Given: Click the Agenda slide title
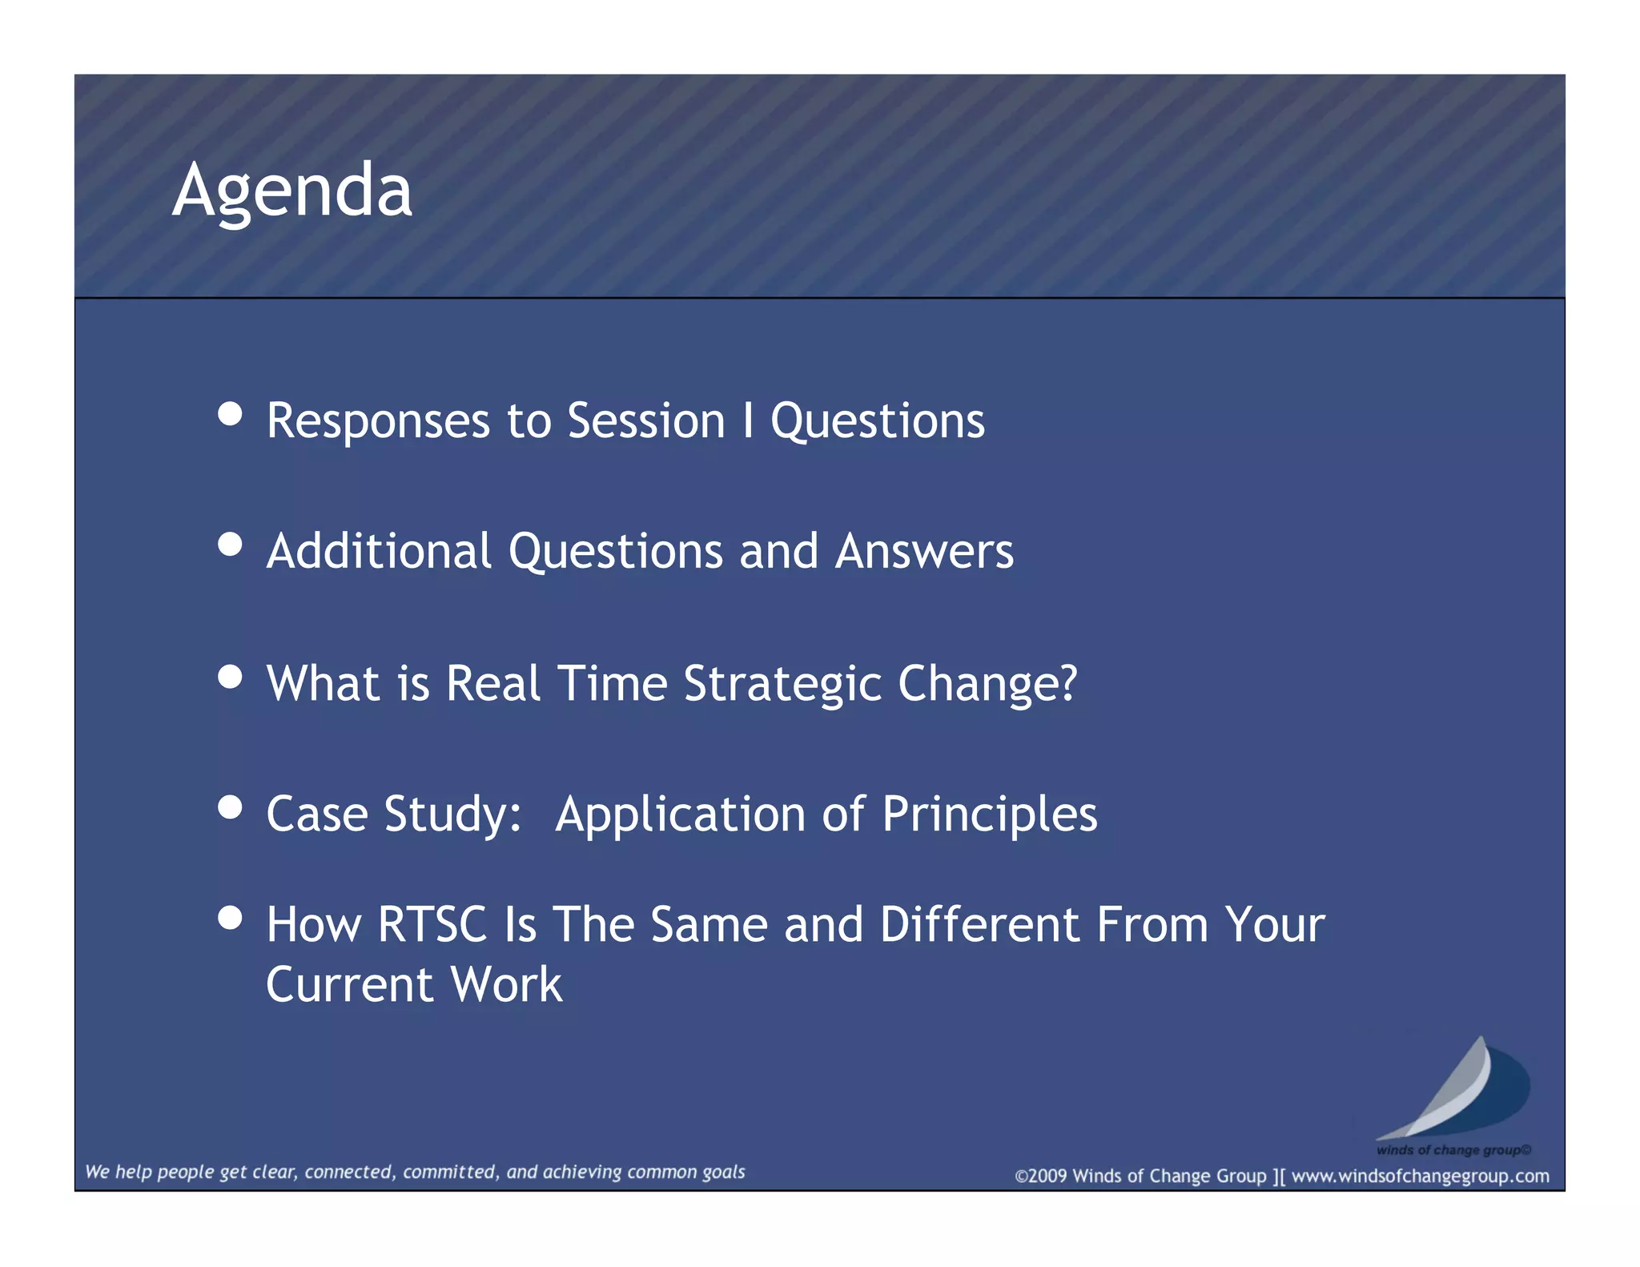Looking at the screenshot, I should [x=292, y=191].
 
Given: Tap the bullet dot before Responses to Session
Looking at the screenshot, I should [x=230, y=413].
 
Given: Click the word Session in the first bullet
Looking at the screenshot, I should [x=645, y=420].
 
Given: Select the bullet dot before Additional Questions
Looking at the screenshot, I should [x=230, y=545].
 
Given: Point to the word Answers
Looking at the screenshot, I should [x=924, y=552].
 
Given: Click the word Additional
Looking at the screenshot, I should [x=379, y=552].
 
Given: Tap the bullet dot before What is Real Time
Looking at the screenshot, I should [x=230, y=677].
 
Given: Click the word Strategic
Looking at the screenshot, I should [x=782, y=685].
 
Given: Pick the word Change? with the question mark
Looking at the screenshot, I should [x=987, y=685].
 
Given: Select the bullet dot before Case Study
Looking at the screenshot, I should [x=230, y=807].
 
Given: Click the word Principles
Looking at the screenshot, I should [x=989, y=815].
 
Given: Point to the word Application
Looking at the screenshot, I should [x=680, y=815].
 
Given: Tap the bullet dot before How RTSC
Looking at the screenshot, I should [x=230, y=918].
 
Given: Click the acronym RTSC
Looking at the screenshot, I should [x=432, y=925].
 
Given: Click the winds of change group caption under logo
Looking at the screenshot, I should [x=1453, y=1150].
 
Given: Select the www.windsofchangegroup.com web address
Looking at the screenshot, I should [x=1420, y=1176].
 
